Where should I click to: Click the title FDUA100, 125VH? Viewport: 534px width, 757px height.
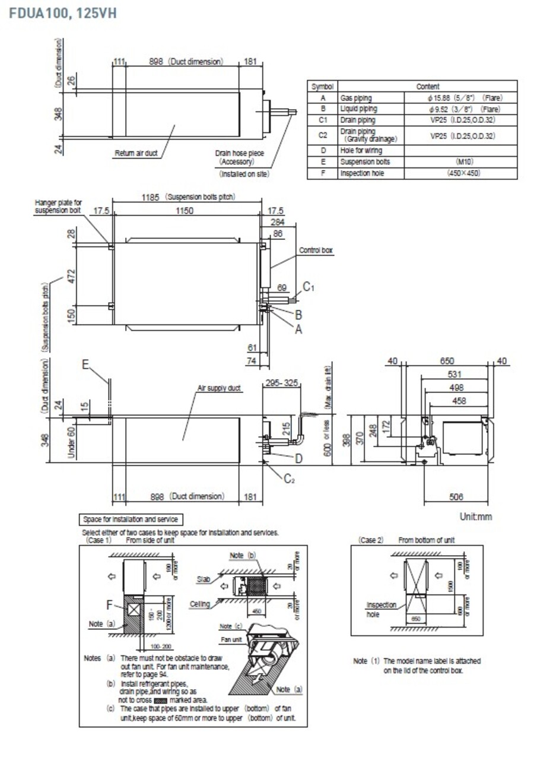pyautogui.click(x=63, y=12)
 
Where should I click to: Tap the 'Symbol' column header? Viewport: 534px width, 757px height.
pyautogui.click(x=323, y=87)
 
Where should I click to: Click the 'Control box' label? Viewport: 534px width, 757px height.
pyautogui.click(x=316, y=251)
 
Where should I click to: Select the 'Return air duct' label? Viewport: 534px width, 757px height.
pyautogui.click(x=136, y=154)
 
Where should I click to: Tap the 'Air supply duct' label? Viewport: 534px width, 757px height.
pyautogui.click(x=219, y=388)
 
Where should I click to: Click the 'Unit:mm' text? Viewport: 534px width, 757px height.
pyautogui.click(x=475, y=517)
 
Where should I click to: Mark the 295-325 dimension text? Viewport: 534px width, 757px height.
pyautogui.click(x=281, y=384)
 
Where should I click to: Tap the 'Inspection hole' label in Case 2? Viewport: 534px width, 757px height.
pyautogui.click(x=381, y=609)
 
